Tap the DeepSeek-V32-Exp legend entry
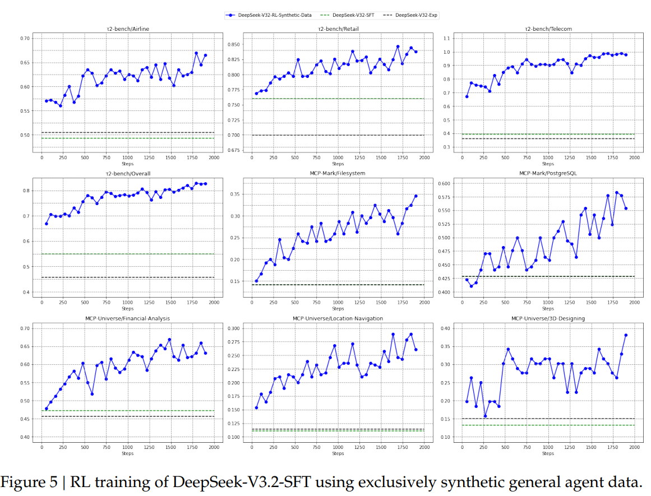point(415,15)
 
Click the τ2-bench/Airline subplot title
point(128,29)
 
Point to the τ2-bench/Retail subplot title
point(338,29)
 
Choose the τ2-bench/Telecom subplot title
point(548,29)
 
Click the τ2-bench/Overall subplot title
point(128,173)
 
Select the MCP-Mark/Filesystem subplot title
point(338,173)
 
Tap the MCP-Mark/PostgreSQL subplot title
point(548,173)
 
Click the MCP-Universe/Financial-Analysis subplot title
point(128,318)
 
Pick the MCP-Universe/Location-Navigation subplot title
point(338,318)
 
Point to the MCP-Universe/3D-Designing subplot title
point(548,318)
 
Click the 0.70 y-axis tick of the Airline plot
point(25,38)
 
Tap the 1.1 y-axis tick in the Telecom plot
point(447,39)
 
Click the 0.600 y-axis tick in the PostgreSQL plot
point(444,183)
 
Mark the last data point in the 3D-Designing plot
point(626,335)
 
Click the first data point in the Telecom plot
point(467,96)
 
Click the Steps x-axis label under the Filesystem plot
point(338,309)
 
